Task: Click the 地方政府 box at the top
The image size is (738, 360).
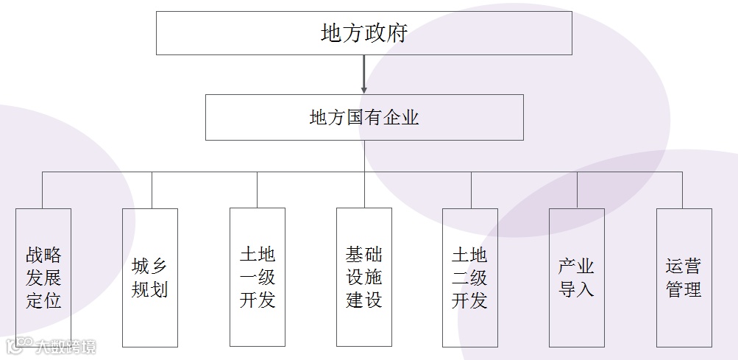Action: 364,33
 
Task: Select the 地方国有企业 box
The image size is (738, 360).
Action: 364,117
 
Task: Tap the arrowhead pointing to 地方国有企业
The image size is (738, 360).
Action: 364,89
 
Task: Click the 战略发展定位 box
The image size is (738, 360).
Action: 43,278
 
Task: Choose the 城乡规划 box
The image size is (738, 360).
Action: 150,278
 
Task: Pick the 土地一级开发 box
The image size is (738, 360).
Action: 258,278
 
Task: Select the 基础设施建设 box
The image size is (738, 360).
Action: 364,278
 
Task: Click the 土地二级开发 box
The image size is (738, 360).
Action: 470,278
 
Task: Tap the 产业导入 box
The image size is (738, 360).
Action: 577,278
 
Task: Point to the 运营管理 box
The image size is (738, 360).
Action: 684,278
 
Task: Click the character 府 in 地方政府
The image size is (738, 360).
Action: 397,34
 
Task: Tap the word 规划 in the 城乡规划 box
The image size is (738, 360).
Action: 150,289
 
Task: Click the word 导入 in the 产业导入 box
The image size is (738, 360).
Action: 577,289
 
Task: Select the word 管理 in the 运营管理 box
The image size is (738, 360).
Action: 684,289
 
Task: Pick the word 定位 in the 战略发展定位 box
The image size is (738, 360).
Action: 43,300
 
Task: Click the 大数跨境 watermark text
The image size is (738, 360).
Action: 66,346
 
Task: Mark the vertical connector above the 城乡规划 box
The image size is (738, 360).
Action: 152,190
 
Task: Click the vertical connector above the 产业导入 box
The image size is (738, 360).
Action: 577,190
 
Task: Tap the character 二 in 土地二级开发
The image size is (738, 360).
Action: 461,278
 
